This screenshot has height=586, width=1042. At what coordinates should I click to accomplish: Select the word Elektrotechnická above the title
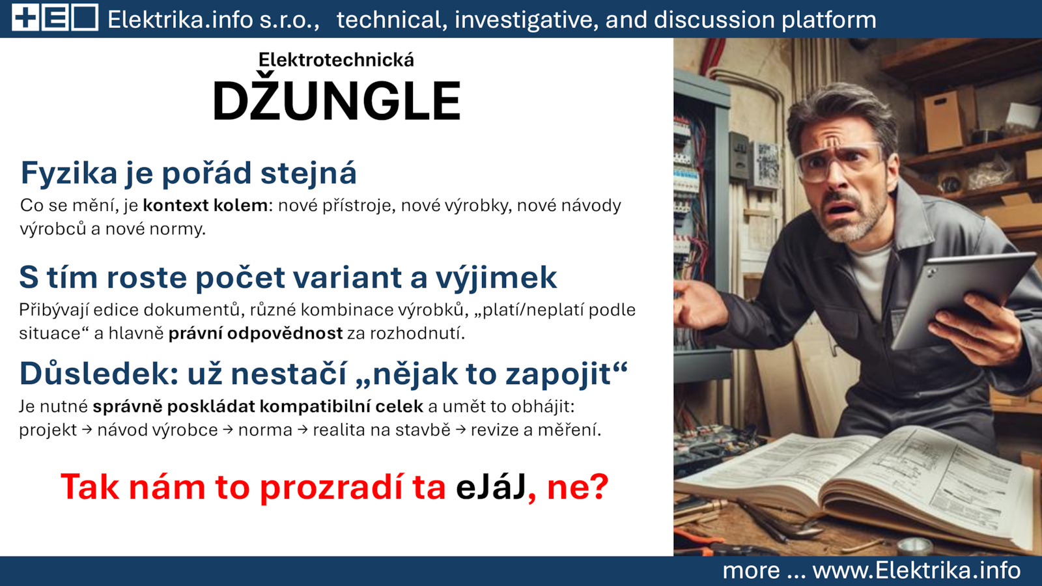click(336, 60)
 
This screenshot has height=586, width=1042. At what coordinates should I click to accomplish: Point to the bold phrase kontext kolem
click(205, 205)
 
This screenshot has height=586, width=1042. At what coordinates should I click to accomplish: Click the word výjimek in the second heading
click(496, 278)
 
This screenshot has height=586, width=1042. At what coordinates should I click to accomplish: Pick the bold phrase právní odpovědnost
click(255, 333)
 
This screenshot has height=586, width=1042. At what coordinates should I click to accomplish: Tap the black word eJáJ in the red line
click(491, 487)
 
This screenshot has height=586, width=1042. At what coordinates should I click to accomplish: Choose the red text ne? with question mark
click(578, 488)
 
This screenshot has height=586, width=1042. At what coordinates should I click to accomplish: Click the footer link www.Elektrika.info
click(916, 570)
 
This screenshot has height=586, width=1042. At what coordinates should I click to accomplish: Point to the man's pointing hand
click(697, 305)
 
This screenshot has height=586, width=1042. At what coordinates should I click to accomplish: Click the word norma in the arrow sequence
click(265, 430)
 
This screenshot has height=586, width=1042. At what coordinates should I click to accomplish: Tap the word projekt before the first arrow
click(48, 430)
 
